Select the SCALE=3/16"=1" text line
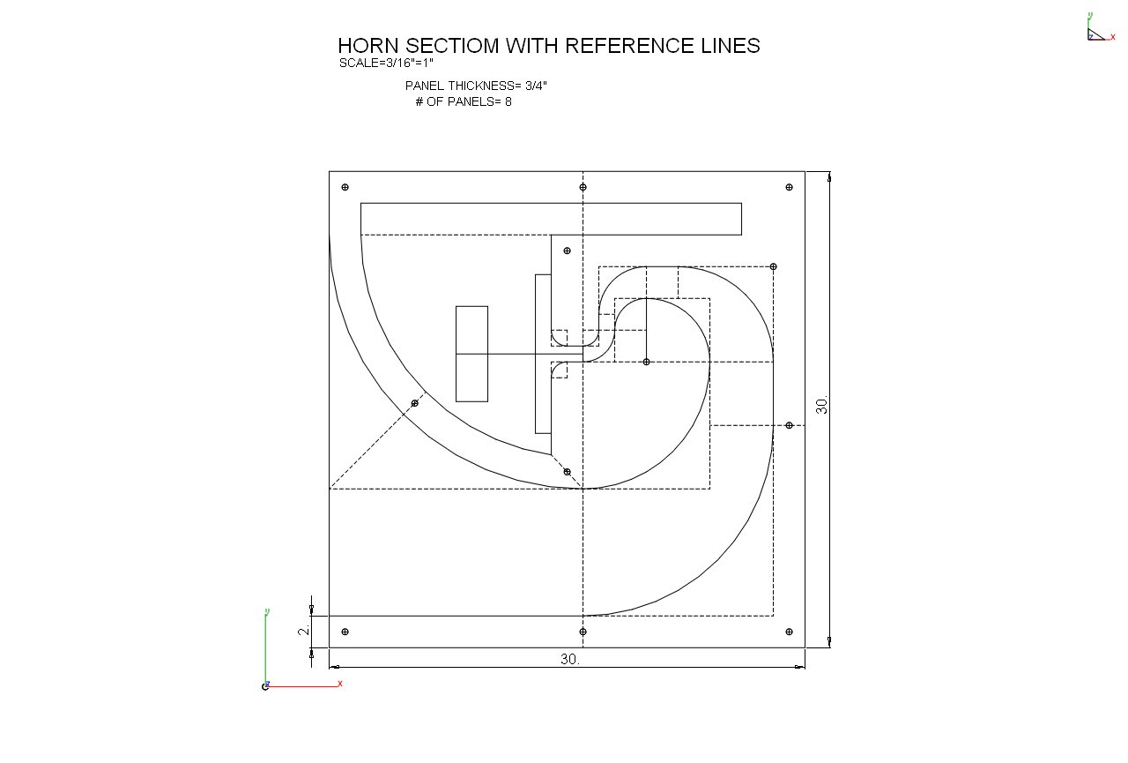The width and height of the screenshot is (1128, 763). click(x=386, y=64)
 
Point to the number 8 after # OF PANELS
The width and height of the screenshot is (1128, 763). click(x=508, y=101)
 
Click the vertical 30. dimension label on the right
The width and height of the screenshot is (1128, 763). click(x=822, y=406)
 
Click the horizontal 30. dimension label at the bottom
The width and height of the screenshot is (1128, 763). click(x=570, y=659)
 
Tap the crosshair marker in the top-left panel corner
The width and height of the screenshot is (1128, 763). click(x=345, y=187)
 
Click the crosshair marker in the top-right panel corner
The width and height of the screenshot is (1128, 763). click(x=789, y=187)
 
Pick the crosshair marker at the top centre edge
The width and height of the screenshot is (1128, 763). click(x=583, y=187)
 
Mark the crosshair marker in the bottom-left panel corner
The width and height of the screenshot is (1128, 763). click(x=345, y=632)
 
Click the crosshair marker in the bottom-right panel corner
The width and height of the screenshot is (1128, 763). click(x=789, y=632)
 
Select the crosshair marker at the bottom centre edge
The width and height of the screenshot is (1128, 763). click(x=583, y=632)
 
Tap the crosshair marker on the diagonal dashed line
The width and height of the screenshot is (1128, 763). click(x=415, y=403)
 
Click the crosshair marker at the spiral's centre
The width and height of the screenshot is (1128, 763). click(x=646, y=362)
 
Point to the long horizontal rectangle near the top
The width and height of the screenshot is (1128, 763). click(x=551, y=219)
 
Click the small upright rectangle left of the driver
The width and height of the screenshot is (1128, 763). click(x=471, y=354)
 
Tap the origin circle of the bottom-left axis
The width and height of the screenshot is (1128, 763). click(x=265, y=686)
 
